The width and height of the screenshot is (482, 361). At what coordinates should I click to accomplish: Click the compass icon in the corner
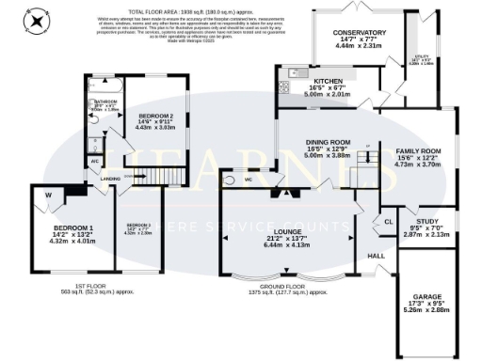click(x=37, y=20)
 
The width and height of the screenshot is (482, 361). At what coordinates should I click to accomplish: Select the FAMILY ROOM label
click(x=417, y=150)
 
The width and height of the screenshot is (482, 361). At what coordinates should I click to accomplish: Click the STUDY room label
click(x=416, y=212)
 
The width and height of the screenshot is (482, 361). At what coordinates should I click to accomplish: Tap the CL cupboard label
click(x=388, y=222)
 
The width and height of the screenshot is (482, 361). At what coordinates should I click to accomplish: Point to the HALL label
click(x=376, y=255)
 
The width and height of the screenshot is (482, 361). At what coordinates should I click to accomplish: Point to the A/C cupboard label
click(x=95, y=162)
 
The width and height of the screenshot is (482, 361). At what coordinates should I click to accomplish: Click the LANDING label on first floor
click(x=109, y=178)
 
